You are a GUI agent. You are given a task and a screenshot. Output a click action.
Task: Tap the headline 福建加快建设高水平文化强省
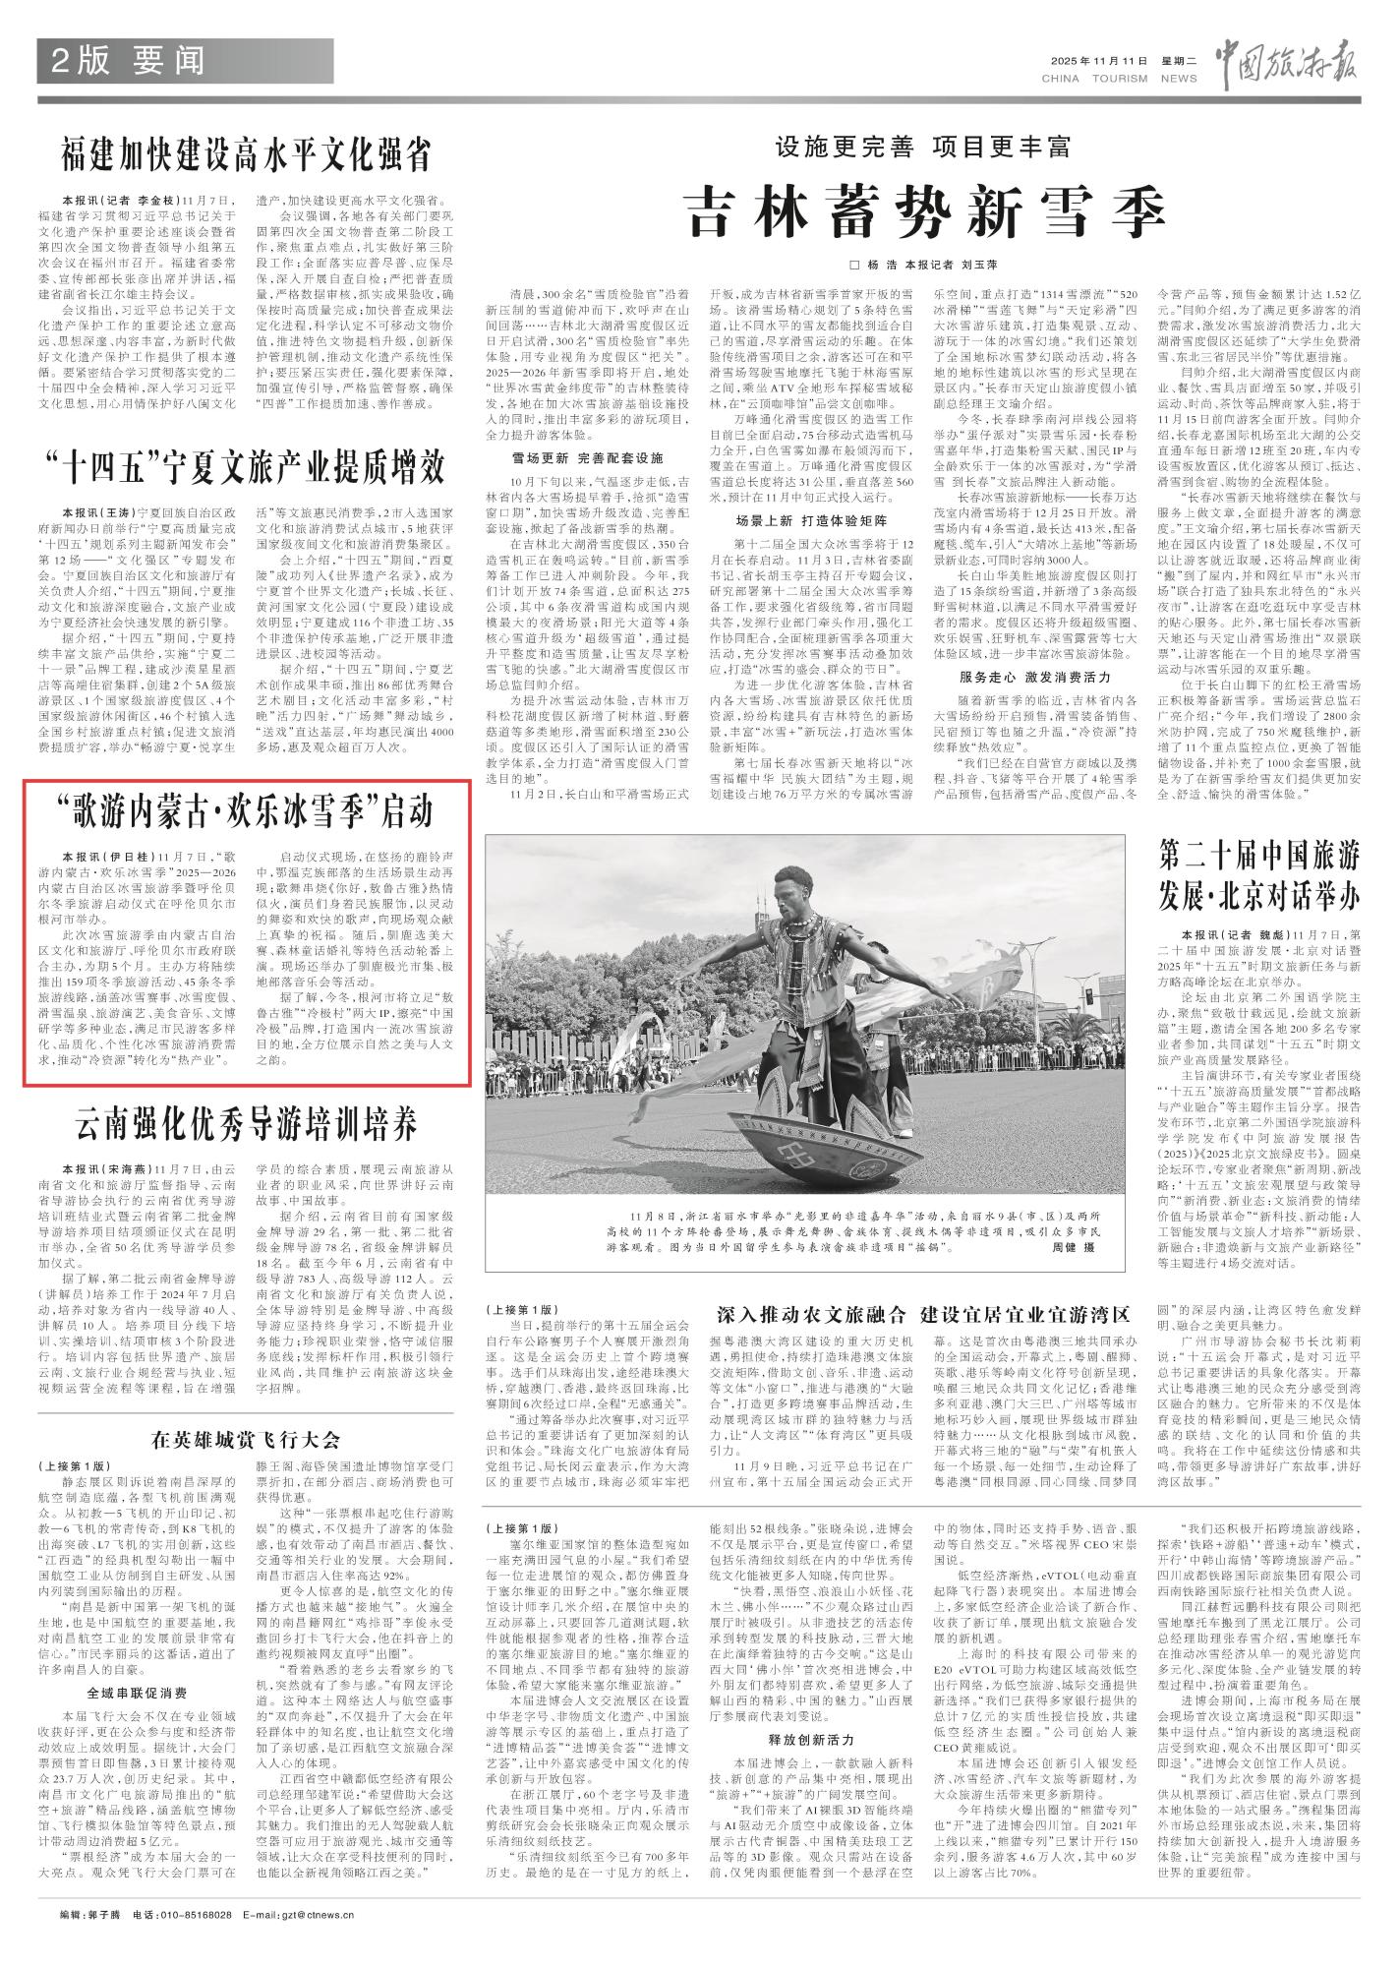click(246, 155)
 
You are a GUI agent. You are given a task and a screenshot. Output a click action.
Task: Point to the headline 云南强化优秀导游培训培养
click(247, 1120)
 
